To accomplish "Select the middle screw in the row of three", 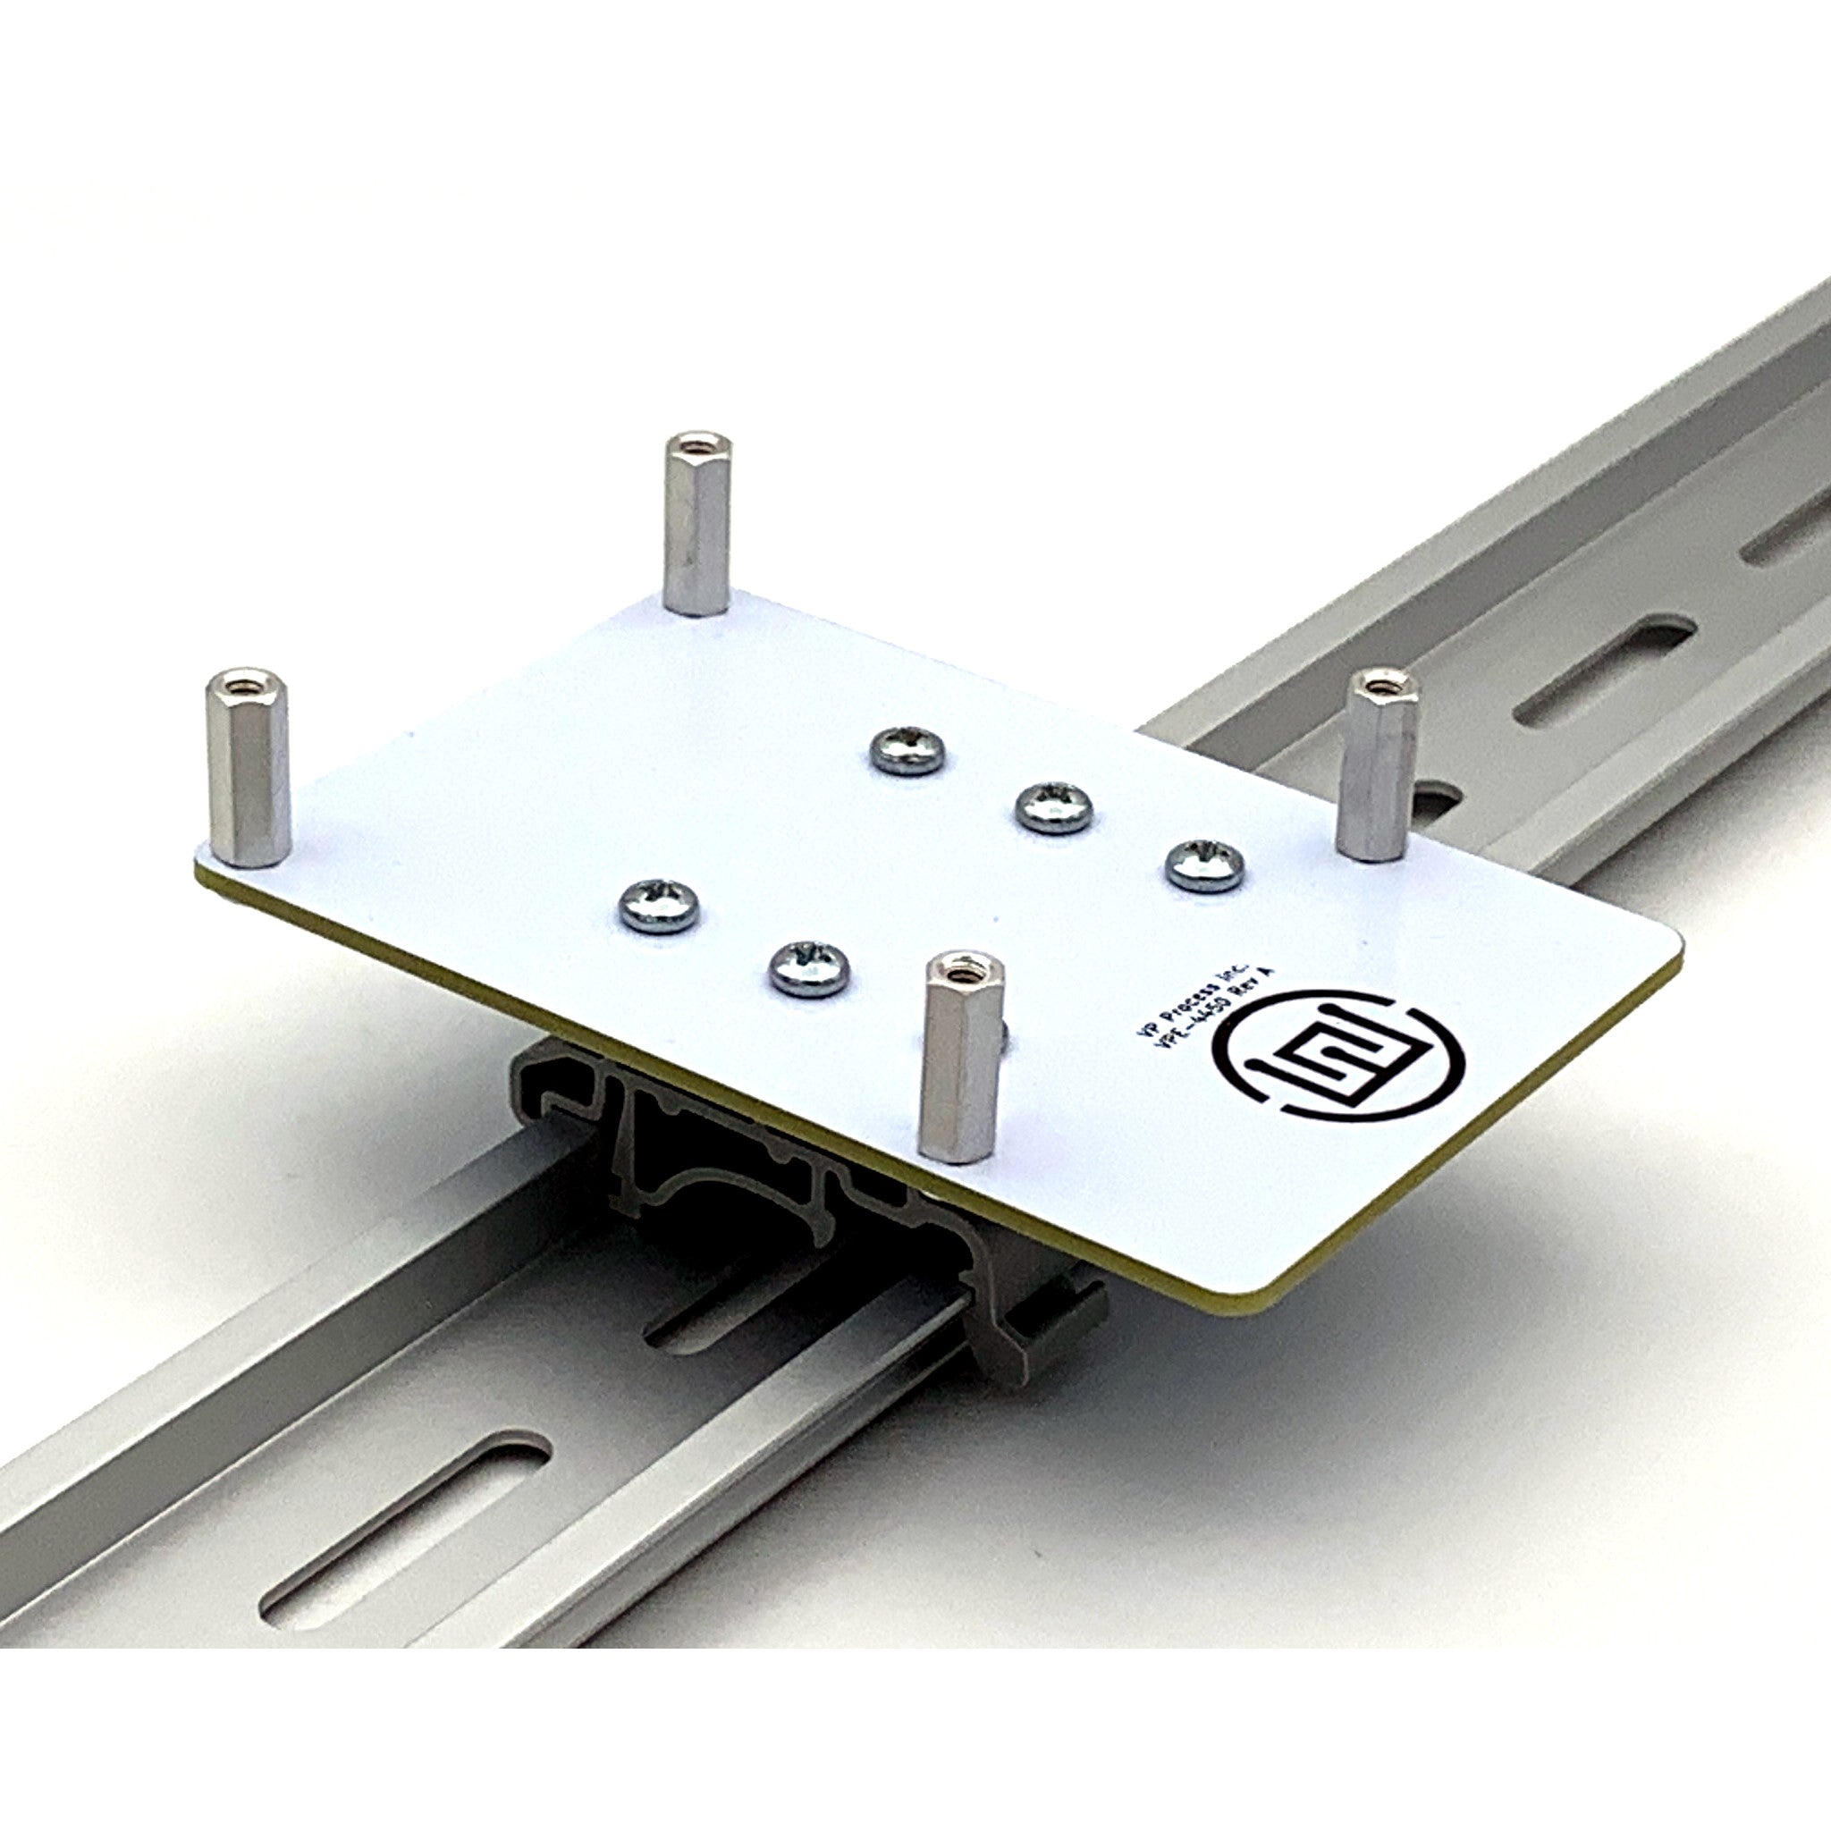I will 1053,807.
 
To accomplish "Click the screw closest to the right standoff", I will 1203,865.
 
